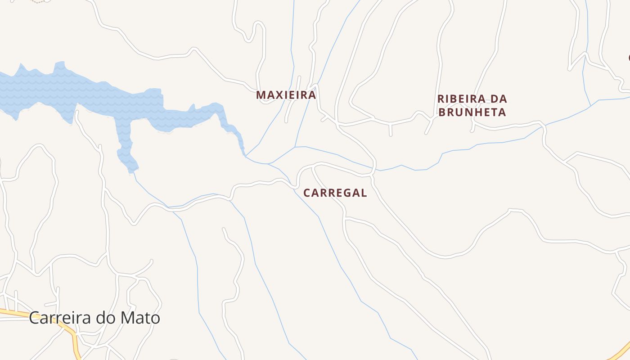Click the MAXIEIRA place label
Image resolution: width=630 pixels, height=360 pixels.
[286, 95]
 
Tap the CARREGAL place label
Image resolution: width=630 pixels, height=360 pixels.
[335, 193]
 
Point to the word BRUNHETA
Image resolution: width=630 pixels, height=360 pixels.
[472, 112]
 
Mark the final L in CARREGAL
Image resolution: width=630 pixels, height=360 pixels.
[364, 193]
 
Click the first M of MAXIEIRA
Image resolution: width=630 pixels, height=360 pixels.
[261, 95]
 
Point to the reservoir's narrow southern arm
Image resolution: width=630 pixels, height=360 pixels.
[126, 144]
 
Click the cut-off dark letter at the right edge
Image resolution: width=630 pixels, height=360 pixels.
[629, 58]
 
